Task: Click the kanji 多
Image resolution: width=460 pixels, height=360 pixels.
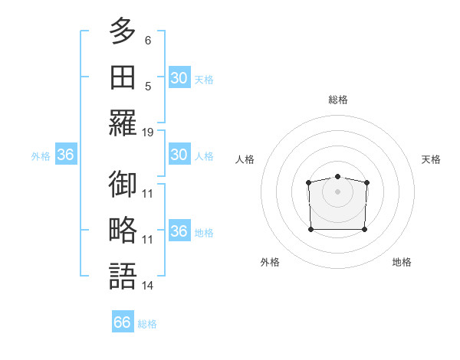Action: (x=123, y=31)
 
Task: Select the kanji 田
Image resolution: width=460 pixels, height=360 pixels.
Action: (x=123, y=77)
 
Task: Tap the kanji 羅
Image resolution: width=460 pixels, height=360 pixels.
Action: (x=123, y=123)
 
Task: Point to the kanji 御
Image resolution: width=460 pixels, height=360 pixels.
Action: (x=123, y=185)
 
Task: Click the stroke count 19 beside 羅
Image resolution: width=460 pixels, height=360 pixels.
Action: (x=148, y=132)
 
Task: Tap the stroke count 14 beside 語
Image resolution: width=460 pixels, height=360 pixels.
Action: (x=148, y=286)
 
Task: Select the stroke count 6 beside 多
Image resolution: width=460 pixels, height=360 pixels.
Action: (x=148, y=40)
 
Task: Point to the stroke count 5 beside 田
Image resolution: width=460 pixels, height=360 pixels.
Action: (x=148, y=86)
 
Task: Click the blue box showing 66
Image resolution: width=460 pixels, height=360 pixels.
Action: (x=123, y=322)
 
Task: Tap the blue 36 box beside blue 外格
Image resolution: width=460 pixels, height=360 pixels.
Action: (x=66, y=155)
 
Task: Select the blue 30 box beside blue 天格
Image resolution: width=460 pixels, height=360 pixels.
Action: (x=179, y=78)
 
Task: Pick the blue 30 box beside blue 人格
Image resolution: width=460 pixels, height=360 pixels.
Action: (x=179, y=155)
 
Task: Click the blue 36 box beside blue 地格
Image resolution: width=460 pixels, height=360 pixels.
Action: (x=179, y=231)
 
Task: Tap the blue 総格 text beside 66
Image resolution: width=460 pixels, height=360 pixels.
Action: (x=147, y=324)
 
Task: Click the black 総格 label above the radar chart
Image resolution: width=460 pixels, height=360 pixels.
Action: (x=337, y=100)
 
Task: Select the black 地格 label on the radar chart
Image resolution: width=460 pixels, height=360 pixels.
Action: (x=402, y=262)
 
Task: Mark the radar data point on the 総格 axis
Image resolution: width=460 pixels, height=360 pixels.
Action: (x=337, y=177)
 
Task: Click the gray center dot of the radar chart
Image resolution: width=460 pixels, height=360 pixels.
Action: (x=337, y=191)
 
